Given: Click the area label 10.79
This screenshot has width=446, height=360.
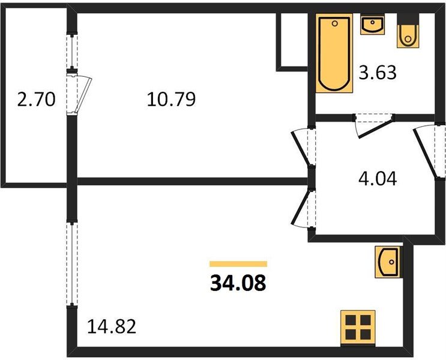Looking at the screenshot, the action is pyautogui.click(x=171, y=99).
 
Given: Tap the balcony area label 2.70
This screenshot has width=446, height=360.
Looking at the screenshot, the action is pyautogui.click(x=36, y=100).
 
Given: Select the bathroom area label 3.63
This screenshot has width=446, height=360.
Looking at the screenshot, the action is pyautogui.click(x=378, y=73).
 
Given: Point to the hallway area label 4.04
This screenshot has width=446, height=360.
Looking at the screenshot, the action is pyautogui.click(x=378, y=179).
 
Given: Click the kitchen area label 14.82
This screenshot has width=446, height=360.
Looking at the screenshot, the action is pyautogui.click(x=112, y=326).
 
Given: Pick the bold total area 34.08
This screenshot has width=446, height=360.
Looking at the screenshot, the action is pyautogui.click(x=238, y=283).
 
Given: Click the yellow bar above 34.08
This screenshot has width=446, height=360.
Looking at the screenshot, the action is pyautogui.click(x=238, y=264).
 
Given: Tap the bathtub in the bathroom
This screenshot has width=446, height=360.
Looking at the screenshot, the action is pyautogui.click(x=334, y=53).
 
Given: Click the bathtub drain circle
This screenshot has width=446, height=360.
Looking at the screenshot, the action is pyautogui.click(x=335, y=23).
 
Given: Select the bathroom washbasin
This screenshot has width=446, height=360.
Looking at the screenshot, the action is pyautogui.click(x=372, y=25).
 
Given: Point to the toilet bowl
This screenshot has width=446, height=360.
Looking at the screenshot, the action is pyautogui.click(x=408, y=36).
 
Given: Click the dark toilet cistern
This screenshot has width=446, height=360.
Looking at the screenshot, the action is pyautogui.click(x=408, y=19).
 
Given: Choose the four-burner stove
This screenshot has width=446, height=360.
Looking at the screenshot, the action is pyautogui.click(x=358, y=327).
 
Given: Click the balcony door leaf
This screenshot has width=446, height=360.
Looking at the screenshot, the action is pyautogui.click(x=84, y=95).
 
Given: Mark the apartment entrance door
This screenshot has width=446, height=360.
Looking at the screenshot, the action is pyautogui.click(x=425, y=152).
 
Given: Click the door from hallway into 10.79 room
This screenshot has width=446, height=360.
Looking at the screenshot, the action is pyautogui.click(x=301, y=147).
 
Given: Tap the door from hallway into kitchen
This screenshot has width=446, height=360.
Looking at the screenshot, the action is pyautogui.click(x=301, y=209).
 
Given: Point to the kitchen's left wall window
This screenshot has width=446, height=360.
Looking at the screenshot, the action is pyautogui.click(x=72, y=264).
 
